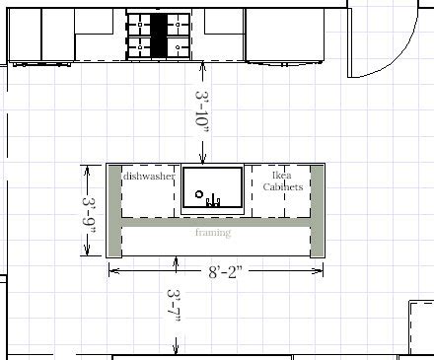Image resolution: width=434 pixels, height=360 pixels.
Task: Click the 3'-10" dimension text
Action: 202,112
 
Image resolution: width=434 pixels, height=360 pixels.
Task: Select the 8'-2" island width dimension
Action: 225,271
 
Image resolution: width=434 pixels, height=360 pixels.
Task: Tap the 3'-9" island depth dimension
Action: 89,214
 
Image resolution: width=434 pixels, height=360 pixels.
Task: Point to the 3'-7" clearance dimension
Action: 174,306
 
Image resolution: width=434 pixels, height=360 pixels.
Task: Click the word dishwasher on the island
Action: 149,177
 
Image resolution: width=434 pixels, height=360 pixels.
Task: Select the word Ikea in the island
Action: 282,176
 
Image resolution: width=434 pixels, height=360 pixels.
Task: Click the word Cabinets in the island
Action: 283,186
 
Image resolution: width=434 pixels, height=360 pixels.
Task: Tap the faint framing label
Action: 213,233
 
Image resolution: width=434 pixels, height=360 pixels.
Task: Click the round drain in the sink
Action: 198,194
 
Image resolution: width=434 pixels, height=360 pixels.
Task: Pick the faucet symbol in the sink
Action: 213,200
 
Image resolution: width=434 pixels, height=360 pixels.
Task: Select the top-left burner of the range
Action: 140,25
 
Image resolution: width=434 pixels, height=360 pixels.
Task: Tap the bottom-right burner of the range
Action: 178,47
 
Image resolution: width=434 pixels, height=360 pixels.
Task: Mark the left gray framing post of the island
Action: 114,211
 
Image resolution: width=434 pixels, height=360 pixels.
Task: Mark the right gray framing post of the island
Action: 318,211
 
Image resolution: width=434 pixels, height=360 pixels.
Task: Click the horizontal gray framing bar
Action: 216,223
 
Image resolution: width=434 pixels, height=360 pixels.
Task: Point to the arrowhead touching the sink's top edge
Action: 202,160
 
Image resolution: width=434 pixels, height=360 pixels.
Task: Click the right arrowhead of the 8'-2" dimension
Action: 318,271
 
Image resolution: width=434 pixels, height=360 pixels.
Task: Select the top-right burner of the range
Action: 178,25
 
